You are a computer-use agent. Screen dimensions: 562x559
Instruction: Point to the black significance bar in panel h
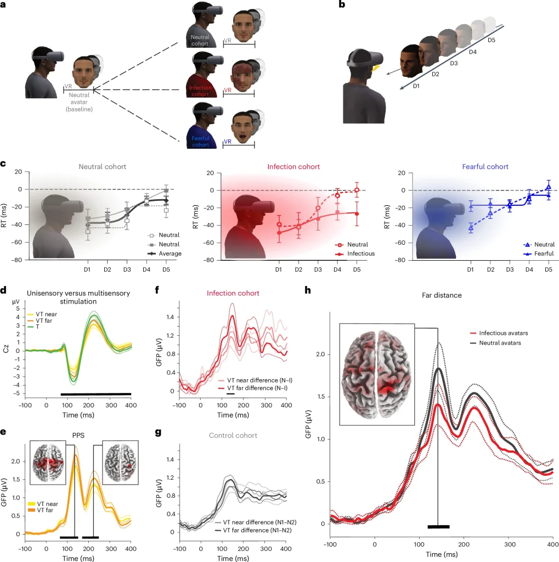click(x=438, y=527)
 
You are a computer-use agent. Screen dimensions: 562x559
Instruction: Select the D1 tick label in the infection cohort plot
click(x=278, y=269)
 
